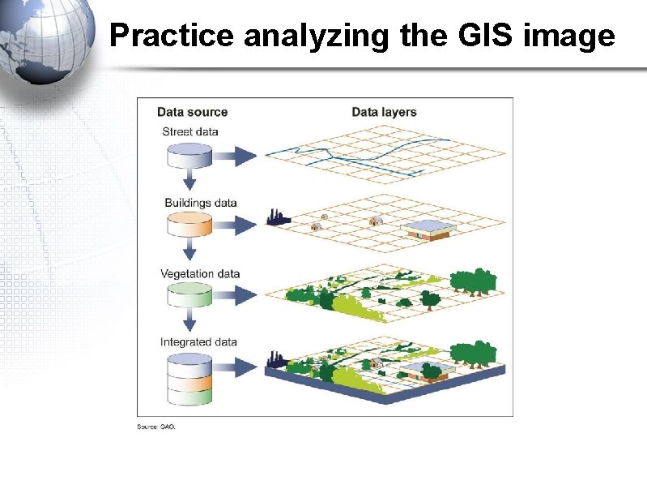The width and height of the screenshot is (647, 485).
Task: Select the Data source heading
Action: pos(192,112)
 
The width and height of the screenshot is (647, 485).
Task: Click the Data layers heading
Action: pos(384,112)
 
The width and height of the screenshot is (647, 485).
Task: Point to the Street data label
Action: pos(190,131)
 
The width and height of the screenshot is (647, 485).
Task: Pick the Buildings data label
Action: pos(200,202)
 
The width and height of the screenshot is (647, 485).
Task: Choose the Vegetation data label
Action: pos(200,273)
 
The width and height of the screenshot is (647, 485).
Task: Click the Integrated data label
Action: pos(198,342)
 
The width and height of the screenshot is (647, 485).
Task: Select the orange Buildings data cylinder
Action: pos(189,225)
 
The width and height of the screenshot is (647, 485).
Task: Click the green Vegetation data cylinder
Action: pos(189,295)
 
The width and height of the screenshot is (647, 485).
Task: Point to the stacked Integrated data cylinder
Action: pos(189,380)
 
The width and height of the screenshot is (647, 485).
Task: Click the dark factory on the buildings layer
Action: pos(277,217)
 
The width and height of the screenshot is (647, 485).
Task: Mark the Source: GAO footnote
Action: pos(155,427)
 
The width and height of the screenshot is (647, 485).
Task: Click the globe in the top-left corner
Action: pos(45,41)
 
